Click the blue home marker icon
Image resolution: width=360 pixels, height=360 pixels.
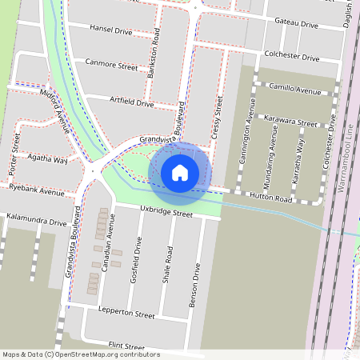(x=180, y=172)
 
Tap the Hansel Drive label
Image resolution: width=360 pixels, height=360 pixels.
(x=111, y=30)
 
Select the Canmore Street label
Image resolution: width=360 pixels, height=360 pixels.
(x=111, y=66)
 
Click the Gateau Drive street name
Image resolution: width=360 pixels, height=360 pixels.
(x=296, y=22)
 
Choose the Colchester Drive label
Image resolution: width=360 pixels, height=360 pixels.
(x=292, y=58)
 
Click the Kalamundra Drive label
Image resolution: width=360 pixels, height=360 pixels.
(x=36, y=221)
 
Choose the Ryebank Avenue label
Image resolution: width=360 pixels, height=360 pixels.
(x=37, y=192)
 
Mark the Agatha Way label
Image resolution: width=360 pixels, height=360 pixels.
(x=47, y=160)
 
